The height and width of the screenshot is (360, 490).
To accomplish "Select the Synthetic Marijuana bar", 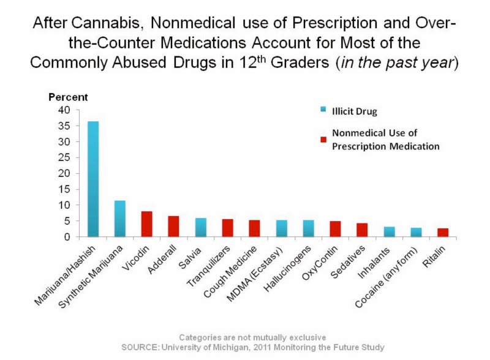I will [120, 219].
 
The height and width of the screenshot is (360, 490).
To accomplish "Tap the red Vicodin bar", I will [147, 224].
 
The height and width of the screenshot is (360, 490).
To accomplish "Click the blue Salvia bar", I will [201, 228].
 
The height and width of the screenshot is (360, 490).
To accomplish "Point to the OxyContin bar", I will [335, 229].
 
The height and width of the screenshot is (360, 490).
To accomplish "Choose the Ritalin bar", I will [443, 233].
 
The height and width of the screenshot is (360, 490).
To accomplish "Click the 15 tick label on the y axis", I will [66, 189].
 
